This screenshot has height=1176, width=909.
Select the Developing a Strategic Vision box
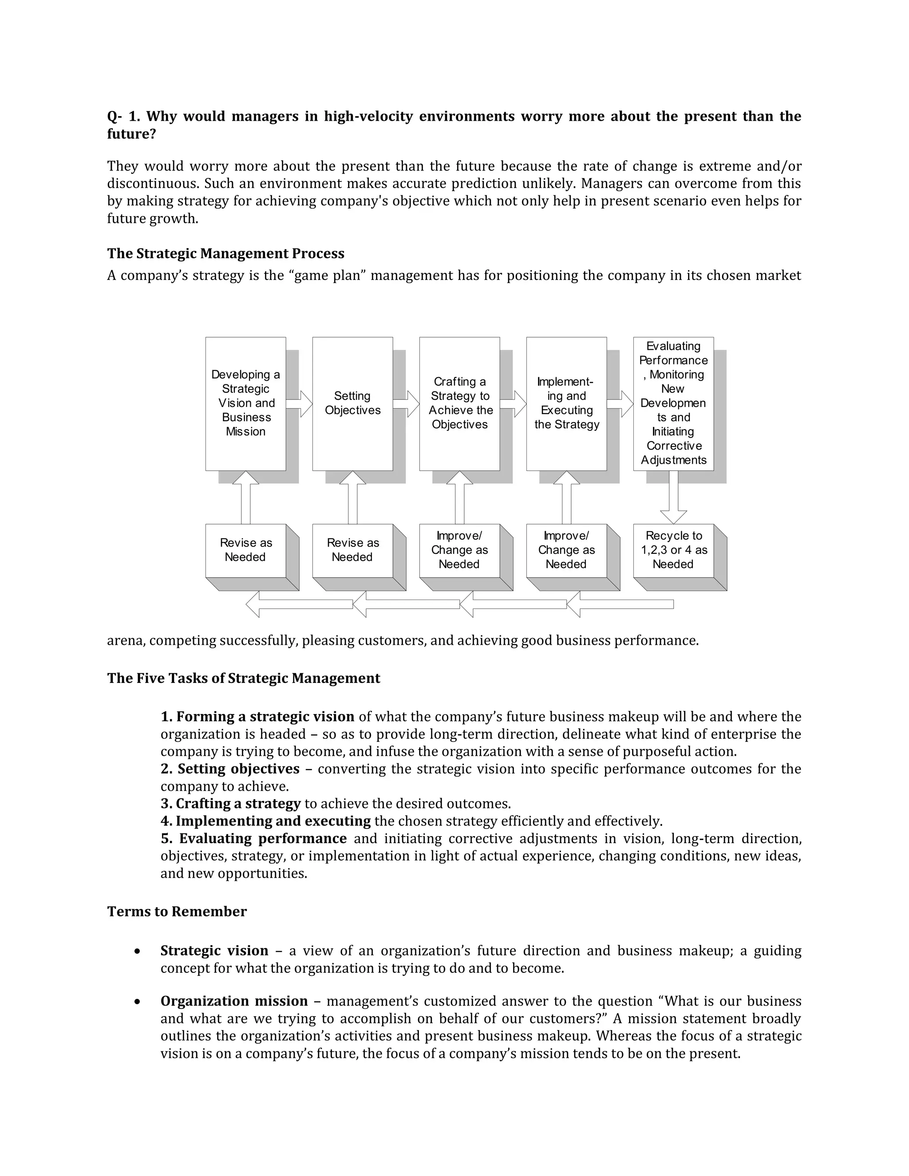point(245,403)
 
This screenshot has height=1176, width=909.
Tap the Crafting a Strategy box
point(459,403)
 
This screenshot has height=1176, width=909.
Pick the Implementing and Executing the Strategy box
point(566,403)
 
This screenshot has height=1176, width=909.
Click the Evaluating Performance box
point(673,403)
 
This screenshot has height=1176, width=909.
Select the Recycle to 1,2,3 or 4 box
point(673,550)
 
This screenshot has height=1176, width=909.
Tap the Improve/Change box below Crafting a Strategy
point(459,550)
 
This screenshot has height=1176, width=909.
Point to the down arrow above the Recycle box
point(673,498)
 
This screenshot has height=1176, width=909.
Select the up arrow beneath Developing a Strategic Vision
point(245,498)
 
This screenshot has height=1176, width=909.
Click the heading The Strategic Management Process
point(225,253)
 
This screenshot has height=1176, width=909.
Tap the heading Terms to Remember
point(177,912)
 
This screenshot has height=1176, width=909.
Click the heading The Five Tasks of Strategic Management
point(243,678)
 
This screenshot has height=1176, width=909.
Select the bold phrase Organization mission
point(234,1001)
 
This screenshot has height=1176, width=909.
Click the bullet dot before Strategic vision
point(138,951)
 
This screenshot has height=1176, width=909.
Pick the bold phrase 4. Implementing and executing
point(265,821)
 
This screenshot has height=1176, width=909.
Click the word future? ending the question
point(131,134)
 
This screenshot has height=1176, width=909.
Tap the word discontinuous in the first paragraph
point(153,184)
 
